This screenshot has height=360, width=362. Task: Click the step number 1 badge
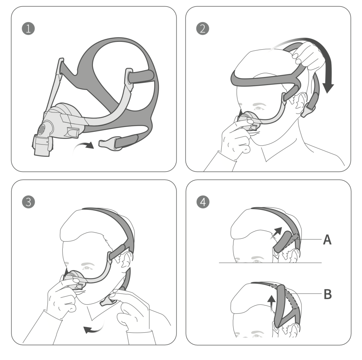28,29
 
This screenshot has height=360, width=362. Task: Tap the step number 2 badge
203,29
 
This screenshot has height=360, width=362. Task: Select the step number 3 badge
28,202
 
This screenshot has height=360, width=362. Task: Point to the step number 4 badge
203,202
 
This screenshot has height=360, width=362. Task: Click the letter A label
327,239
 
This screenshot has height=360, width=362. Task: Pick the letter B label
328,294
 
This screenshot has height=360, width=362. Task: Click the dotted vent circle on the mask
42,129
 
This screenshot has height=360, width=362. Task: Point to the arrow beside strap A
276,233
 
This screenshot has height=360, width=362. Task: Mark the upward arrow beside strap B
271,303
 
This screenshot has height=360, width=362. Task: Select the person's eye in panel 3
86,268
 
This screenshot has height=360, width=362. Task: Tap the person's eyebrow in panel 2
260,105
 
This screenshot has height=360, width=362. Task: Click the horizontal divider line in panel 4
270,263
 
